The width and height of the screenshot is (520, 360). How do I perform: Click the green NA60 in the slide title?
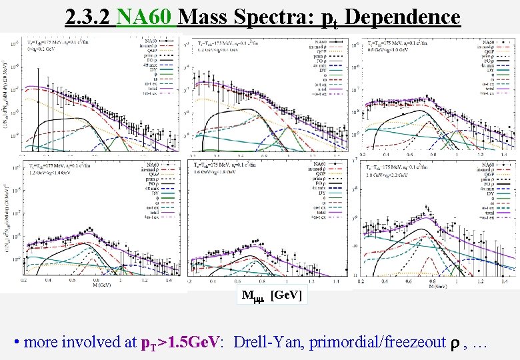(x=145, y=16)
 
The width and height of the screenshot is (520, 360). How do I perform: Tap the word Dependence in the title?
(x=403, y=16)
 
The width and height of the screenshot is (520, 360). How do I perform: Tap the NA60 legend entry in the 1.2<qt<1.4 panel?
(x=153, y=165)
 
